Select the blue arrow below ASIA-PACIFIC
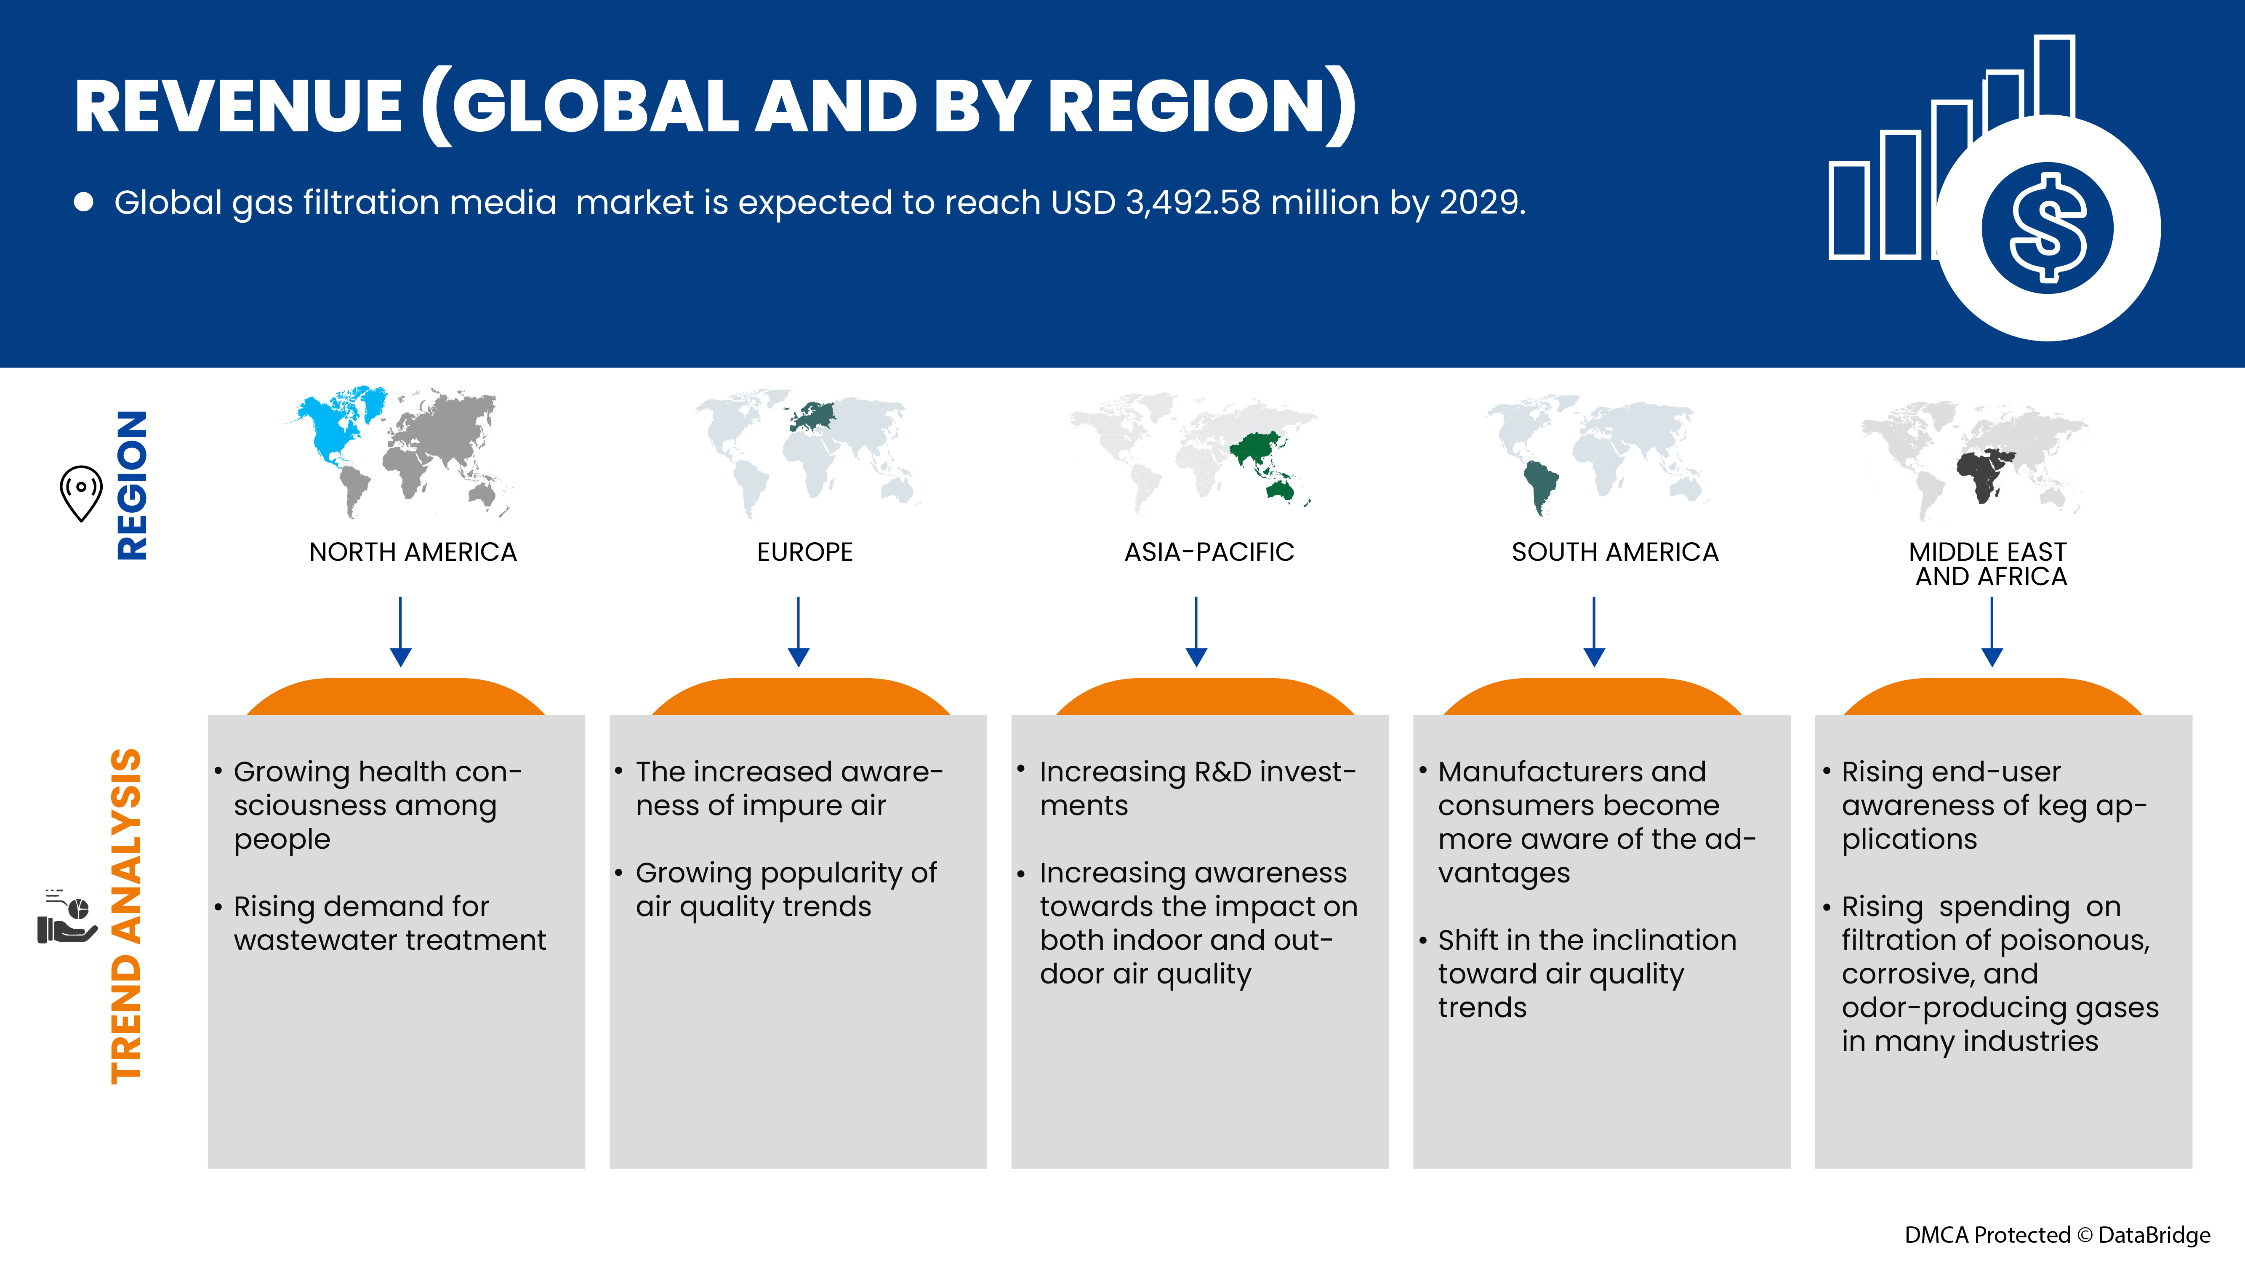(1196, 632)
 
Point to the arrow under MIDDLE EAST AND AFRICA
(1992, 632)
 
